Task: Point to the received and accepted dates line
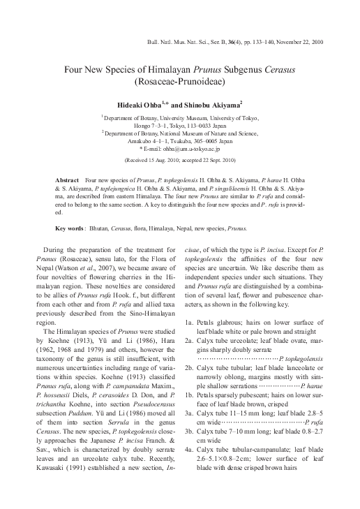(180, 160)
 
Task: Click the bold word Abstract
(69, 180)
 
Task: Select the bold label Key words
(71, 228)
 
